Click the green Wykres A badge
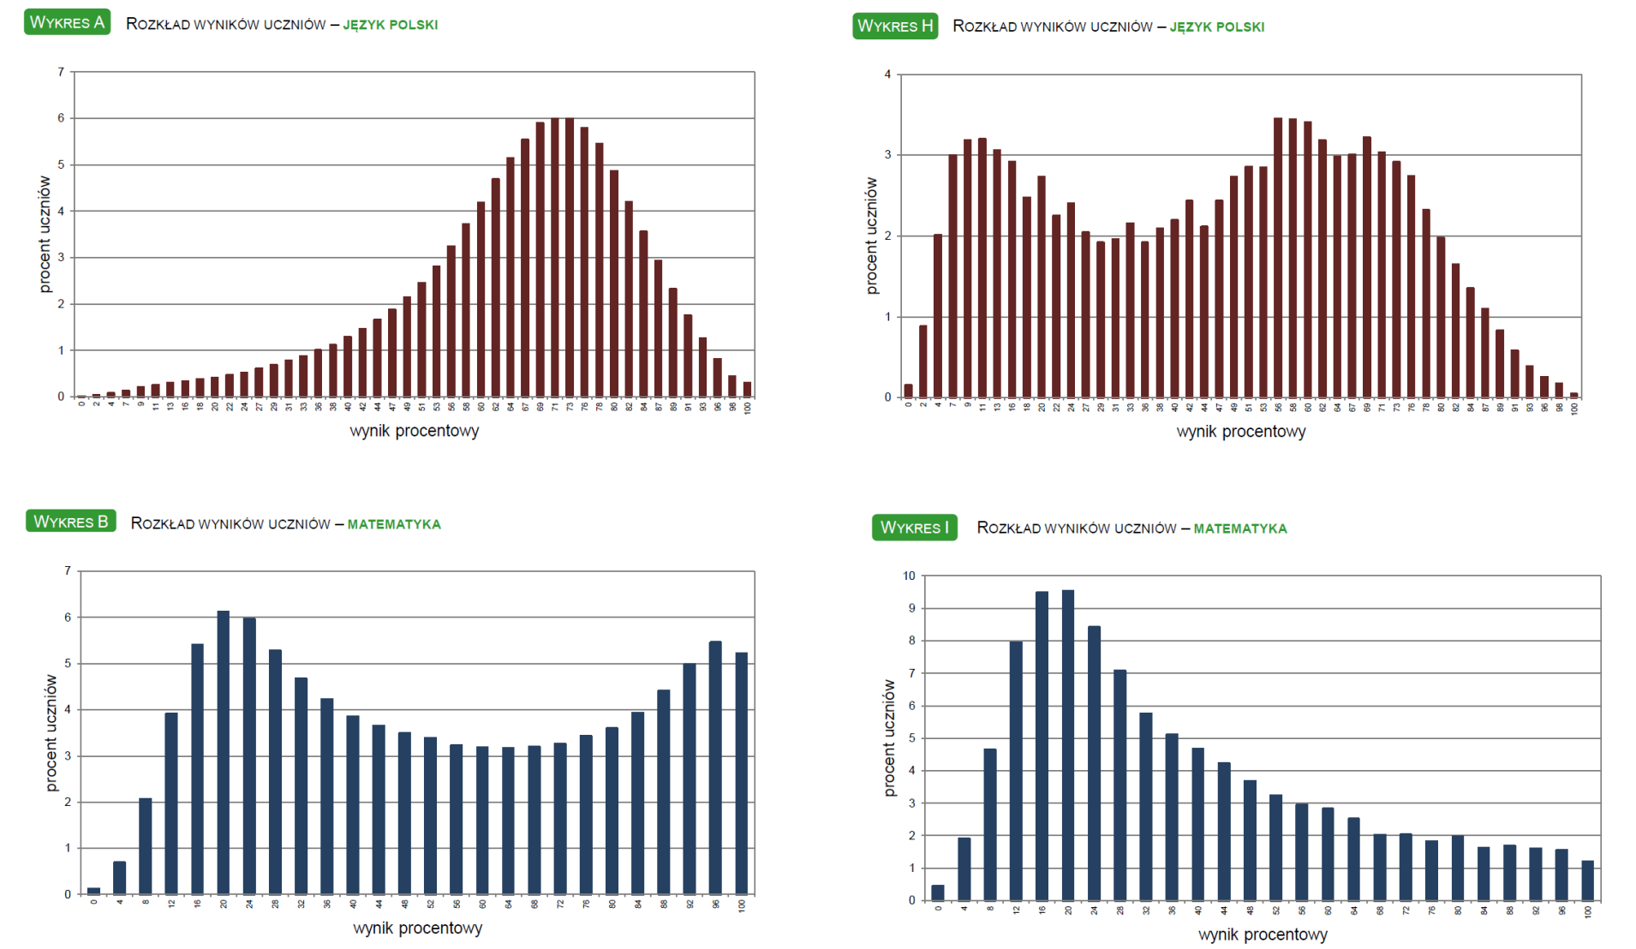click(x=67, y=22)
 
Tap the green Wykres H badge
click(x=895, y=26)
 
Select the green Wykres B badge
click(x=71, y=521)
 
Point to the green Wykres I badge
click(x=914, y=527)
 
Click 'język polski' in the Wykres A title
click(x=390, y=25)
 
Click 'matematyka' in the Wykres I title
click(x=1239, y=528)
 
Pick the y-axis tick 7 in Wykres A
click(x=61, y=72)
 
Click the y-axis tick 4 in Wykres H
click(x=887, y=75)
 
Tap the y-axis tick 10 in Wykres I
click(x=909, y=576)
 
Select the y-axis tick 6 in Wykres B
click(x=68, y=617)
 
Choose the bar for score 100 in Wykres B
click(x=742, y=773)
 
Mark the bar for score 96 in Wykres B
click(x=715, y=767)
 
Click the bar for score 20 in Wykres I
click(x=1068, y=744)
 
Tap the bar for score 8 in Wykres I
click(x=990, y=824)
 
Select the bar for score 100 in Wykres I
click(x=1587, y=880)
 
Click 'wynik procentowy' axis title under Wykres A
click(x=414, y=431)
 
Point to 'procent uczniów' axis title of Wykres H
click(x=872, y=236)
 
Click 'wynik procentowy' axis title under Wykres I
click(x=1263, y=934)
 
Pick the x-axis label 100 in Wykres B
click(x=742, y=905)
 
